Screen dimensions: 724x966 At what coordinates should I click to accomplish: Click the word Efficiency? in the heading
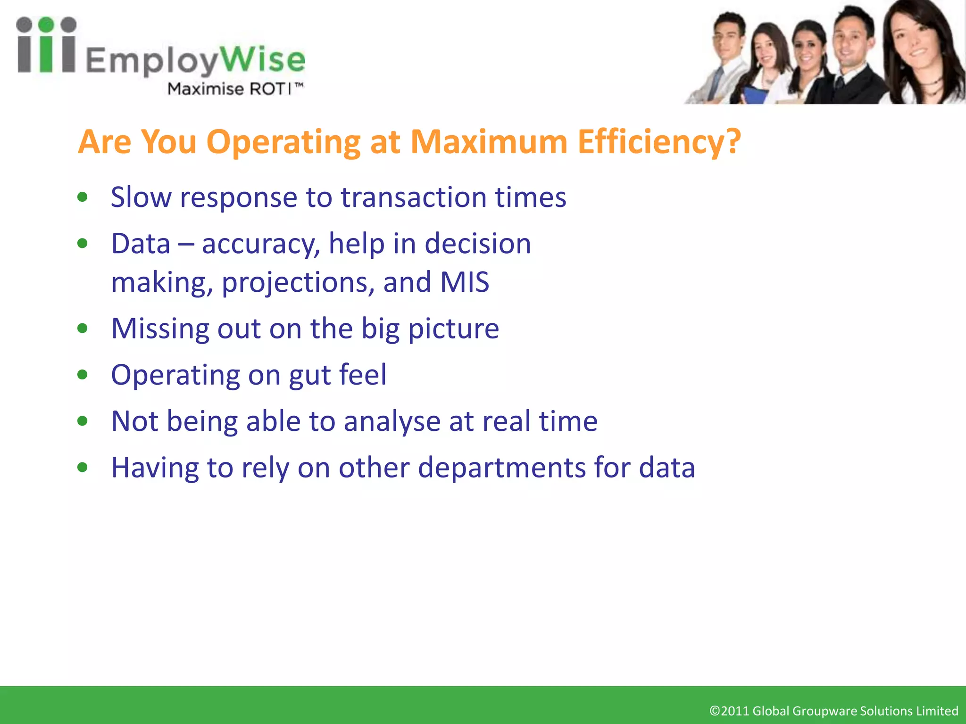pyautogui.click(x=659, y=142)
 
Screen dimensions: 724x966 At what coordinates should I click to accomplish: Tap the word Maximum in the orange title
pyautogui.click(x=489, y=141)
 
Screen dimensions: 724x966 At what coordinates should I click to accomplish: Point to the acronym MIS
pyautogui.click(x=464, y=282)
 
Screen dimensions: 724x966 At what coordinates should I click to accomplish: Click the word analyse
pyautogui.click(x=392, y=421)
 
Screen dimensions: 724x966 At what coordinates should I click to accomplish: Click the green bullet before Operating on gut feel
pyautogui.click(x=83, y=375)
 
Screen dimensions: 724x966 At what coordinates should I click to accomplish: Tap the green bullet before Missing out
pyautogui.click(x=83, y=328)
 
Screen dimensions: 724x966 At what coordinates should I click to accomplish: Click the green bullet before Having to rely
pyautogui.click(x=83, y=467)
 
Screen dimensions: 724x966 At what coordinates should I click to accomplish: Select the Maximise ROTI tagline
pyautogui.click(x=235, y=89)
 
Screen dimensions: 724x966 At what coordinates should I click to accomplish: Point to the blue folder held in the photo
pyautogui.click(x=755, y=94)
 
